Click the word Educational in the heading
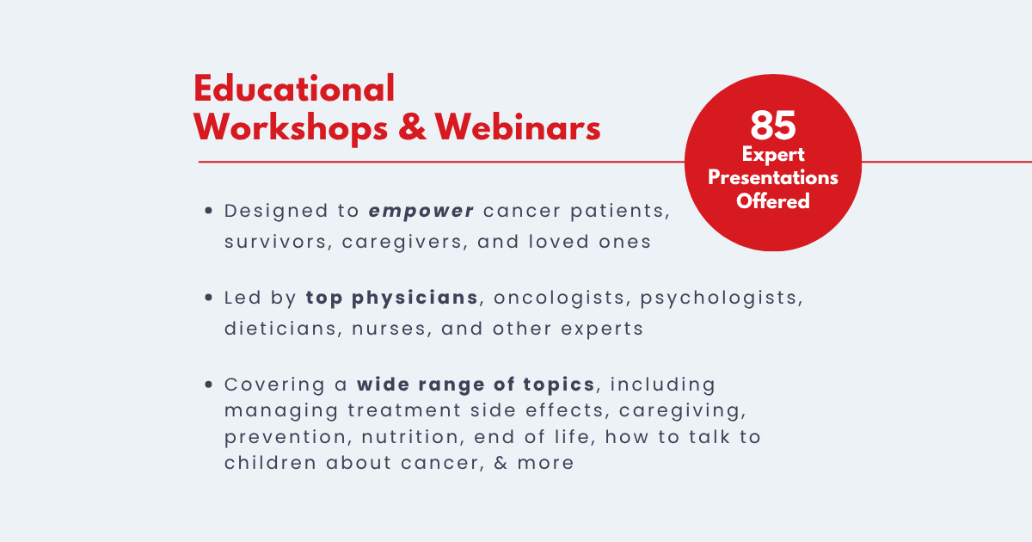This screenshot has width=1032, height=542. (x=294, y=89)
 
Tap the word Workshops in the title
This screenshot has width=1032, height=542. (x=291, y=128)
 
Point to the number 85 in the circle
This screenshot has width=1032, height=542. (x=772, y=126)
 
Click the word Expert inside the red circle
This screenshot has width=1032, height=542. (x=773, y=155)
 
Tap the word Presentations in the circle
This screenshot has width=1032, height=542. (x=772, y=177)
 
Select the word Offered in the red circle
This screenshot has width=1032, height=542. (x=772, y=201)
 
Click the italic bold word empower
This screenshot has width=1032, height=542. (x=421, y=212)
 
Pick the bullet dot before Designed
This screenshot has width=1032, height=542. (x=209, y=211)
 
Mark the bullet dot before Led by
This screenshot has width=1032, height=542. (x=209, y=298)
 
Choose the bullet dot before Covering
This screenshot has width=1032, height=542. (x=209, y=384)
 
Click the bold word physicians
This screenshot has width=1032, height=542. (x=415, y=299)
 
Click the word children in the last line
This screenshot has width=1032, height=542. (x=270, y=463)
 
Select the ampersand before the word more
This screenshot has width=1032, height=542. (x=501, y=463)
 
